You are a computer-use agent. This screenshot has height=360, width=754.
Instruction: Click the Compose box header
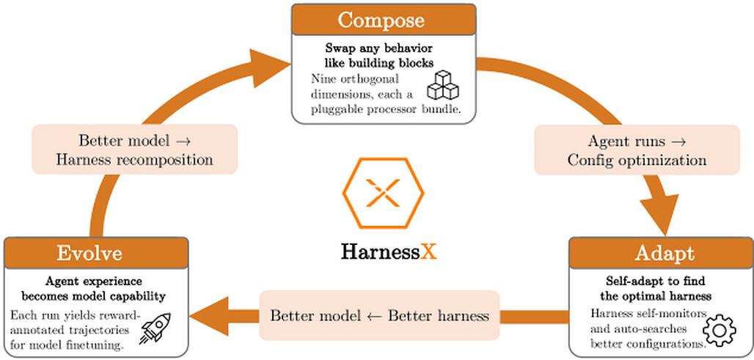tap(384, 20)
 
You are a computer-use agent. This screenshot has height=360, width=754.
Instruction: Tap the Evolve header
tap(95, 253)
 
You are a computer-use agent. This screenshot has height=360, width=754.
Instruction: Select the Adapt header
tap(661, 253)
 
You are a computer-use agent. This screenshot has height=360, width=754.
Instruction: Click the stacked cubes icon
tap(443, 85)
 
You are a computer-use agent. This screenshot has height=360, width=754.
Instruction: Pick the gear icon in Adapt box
tap(720, 330)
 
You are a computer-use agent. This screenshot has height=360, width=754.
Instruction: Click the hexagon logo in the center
tap(384, 193)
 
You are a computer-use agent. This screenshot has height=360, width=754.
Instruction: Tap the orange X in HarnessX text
tap(429, 251)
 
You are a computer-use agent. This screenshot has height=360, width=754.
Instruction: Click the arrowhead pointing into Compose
tap(269, 67)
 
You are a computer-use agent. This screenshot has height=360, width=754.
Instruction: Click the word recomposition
tap(165, 160)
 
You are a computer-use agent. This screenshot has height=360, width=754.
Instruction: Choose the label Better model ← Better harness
tap(380, 316)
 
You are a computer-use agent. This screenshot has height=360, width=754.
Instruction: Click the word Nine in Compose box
tap(322, 78)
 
